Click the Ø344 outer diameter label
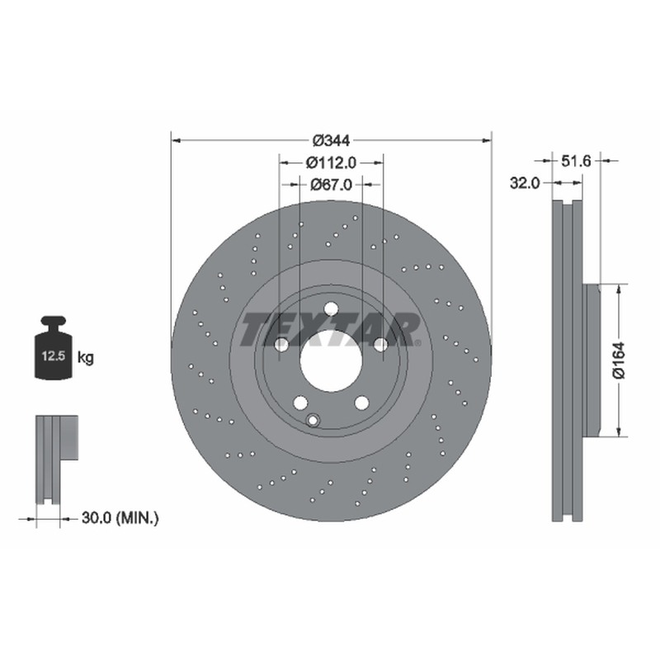(332, 140)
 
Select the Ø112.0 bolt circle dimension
(332, 163)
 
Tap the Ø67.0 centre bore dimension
(332, 184)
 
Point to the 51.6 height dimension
(576, 161)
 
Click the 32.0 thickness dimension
(525, 183)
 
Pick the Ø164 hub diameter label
(620, 361)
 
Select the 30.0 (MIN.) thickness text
(120, 518)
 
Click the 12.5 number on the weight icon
(54, 356)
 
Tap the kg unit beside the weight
(86, 358)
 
